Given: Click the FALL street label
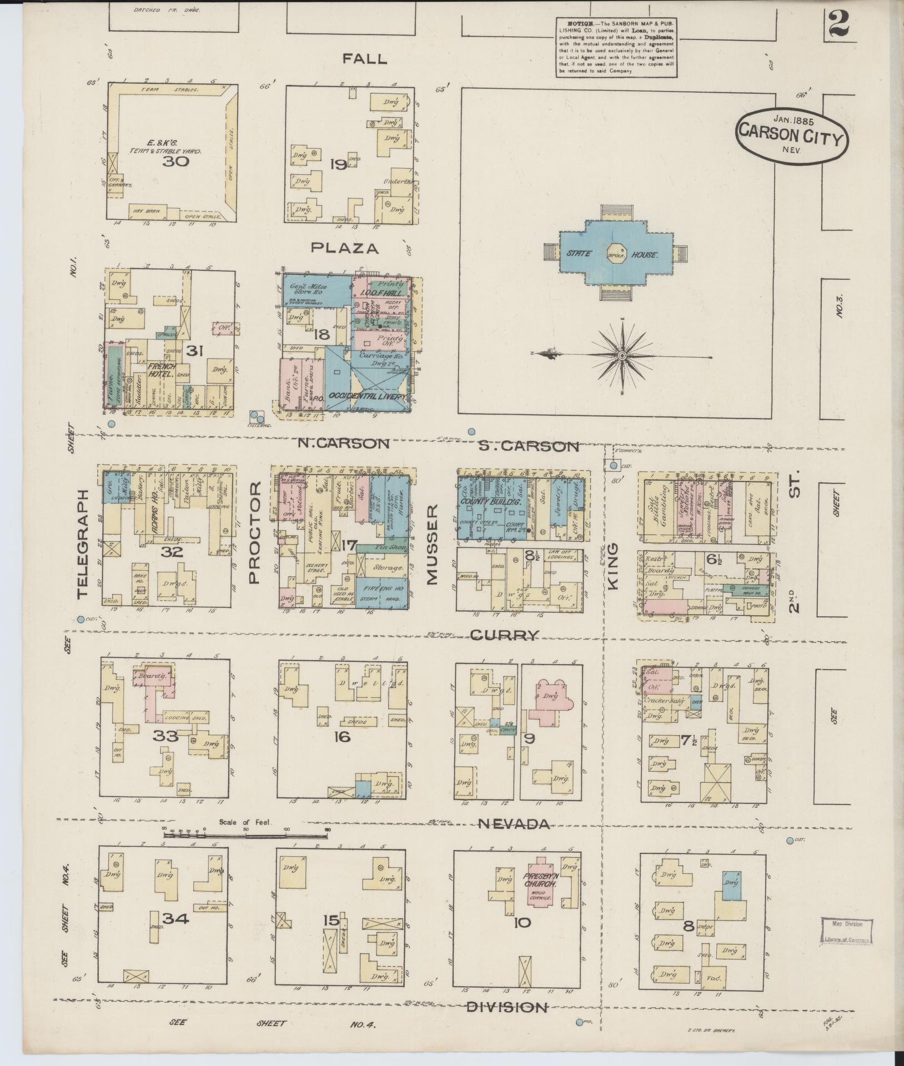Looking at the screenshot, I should click(364, 59).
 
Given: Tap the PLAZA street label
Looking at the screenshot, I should click(345, 248).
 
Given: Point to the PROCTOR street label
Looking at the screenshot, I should click(254, 532).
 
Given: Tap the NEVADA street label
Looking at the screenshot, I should click(514, 824).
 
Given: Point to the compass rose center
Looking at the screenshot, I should click(622, 354).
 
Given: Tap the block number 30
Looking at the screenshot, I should click(176, 162).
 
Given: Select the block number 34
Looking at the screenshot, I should click(175, 918).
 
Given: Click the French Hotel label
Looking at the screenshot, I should click(162, 370).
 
